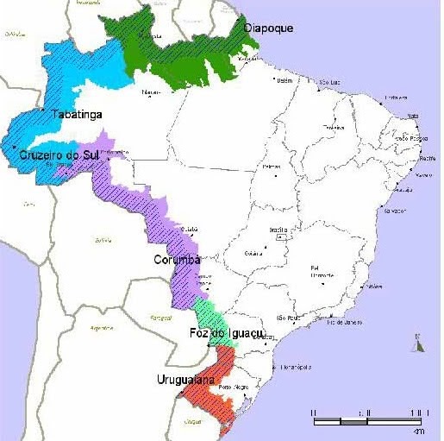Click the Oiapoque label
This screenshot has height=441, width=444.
pos(268,28)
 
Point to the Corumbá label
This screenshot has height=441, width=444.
pos(177,260)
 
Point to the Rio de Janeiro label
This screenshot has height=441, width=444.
pos(342,322)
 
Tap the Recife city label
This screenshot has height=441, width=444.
pos(426,159)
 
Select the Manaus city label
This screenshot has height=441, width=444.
pos(151,91)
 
